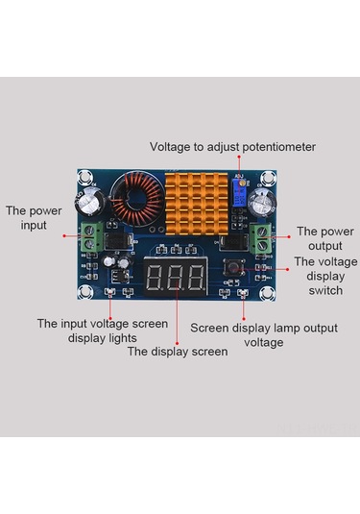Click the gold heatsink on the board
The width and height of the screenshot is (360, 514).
click(197, 204)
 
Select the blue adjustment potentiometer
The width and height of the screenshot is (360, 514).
click(240, 192)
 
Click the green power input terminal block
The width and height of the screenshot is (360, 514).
click(92, 236)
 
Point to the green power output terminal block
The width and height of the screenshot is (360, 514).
click(261, 238)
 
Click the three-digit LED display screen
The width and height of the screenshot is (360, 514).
click(176, 277)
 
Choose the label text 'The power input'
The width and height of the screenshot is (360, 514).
click(34, 218)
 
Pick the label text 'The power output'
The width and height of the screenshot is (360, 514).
click(325, 238)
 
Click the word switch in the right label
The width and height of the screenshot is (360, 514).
click(325, 290)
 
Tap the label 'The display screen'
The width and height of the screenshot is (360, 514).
click(178, 352)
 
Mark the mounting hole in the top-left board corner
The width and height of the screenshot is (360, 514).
click(84, 177)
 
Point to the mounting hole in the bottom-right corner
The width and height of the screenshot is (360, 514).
click(267, 293)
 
